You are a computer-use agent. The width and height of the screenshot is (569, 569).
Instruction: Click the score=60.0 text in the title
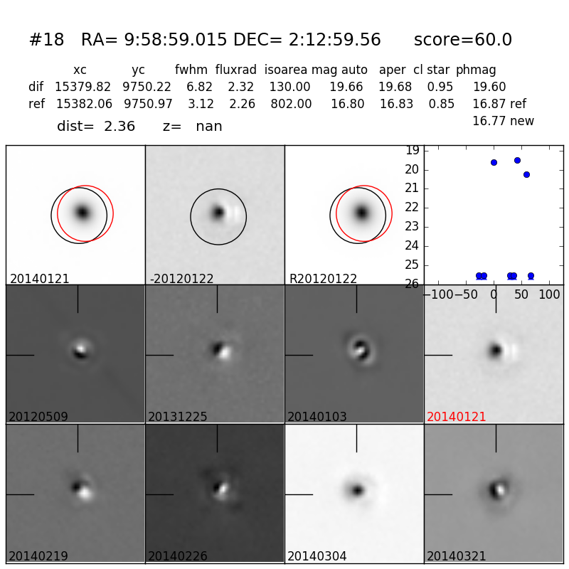pyautogui.click(x=462, y=40)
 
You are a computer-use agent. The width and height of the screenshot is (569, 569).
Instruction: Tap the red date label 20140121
pyautogui.click(x=457, y=417)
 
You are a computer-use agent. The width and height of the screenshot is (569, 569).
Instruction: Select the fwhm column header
pyautogui.click(x=189, y=70)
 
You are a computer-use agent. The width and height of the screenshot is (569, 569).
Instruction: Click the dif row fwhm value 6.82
pyautogui.click(x=200, y=87)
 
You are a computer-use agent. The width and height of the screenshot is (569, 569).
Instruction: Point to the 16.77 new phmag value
pyautogui.click(x=503, y=121)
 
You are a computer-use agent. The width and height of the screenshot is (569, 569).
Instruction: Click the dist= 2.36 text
pyautogui.click(x=96, y=127)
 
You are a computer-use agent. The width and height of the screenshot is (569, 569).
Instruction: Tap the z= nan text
pyautogui.click(x=192, y=127)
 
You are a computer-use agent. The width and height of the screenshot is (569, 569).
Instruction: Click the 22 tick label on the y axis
pyautogui.click(x=412, y=208)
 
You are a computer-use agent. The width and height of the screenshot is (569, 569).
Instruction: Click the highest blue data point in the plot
pyautogui.click(x=517, y=160)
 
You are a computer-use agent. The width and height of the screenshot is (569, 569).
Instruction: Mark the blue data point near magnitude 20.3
pyautogui.click(x=526, y=174)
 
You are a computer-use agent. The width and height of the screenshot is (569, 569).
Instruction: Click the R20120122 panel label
pyautogui.click(x=323, y=279)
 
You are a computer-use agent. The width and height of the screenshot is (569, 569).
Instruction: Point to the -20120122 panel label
pyautogui.click(x=181, y=279)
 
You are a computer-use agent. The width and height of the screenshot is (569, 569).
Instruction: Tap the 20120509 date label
pyautogui.click(x=38, y=417)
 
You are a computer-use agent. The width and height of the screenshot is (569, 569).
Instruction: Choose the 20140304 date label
pyautogui.click(x=317, y=556)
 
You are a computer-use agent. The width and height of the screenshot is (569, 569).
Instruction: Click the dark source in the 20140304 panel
pyautogui.click(x=358, y=490)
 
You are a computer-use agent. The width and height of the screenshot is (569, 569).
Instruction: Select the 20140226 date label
pyautogui.click(x=178, y=556)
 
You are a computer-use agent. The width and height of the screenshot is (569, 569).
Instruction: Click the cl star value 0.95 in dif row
pyautogui.click(x=440, y=87)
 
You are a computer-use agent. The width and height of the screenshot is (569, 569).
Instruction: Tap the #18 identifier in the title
pyautogui.click(x=46, y=40)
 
